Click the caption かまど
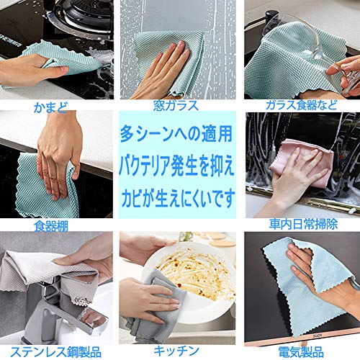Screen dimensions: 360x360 [x=50, y=107]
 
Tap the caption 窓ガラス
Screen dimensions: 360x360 [x=176, y=106]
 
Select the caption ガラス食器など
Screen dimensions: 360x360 [x=302, y=105]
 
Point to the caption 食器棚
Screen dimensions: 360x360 [x=51, y=226]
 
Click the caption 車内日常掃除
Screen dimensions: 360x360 [x=303, y=224]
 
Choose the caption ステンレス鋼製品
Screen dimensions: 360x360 [x=55, y=352]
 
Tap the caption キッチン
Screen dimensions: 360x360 [x=176, y=351]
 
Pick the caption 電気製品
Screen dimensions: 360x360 [x=301, y=352]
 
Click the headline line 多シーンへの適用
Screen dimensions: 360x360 [x=176, y=134]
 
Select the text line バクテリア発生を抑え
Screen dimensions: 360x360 [x=176, y=166]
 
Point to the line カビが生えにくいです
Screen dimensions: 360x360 [x=178, y=199]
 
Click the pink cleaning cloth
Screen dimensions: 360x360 [x=302, y=163]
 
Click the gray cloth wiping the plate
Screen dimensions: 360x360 [x=153, y=302]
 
